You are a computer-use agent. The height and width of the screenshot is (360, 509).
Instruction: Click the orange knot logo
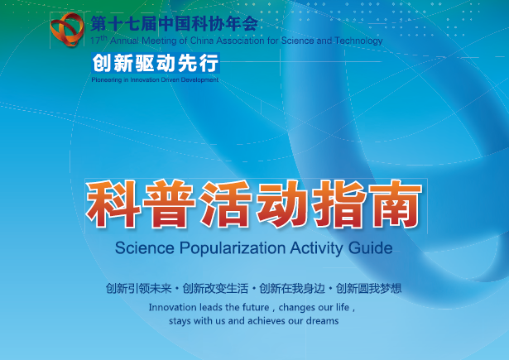[x=67, y=29]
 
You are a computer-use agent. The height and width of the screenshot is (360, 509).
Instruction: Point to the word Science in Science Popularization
[x=145, y=248]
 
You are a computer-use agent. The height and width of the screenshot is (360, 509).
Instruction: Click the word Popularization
[x=233, y=248]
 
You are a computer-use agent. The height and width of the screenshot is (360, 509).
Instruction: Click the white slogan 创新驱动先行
[x=156, y=63]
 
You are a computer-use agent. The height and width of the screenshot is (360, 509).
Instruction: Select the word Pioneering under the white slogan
[x=107, y=79]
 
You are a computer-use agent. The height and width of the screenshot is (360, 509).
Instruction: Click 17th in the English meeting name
[x=98, y=40]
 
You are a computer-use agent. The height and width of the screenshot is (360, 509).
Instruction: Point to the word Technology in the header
[x=358, y=41]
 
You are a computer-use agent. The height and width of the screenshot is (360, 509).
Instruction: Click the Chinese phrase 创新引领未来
[x=138, y=288]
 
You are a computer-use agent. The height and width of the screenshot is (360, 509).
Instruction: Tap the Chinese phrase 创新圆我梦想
[x=369, y=288]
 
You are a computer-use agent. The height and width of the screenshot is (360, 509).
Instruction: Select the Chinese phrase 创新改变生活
[x=215, y=288]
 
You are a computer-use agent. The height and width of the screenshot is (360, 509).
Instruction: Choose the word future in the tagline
[x=256, y=307]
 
